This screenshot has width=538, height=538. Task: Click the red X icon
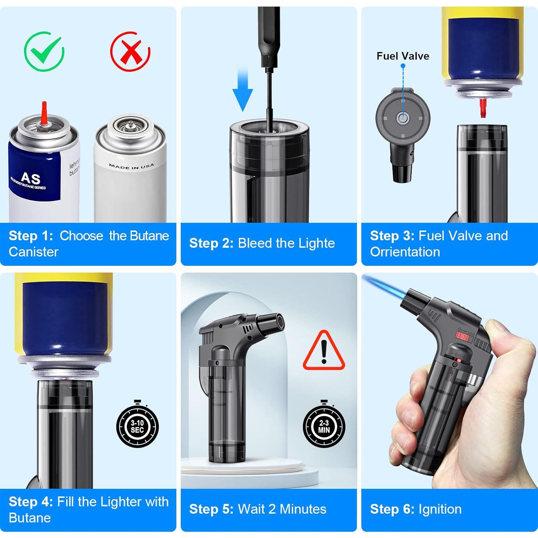click(130, 53)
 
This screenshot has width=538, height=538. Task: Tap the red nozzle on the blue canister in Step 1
click(44, 114)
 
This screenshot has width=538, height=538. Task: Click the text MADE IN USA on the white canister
click(131, 166)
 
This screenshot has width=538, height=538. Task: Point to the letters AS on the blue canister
click(30, 178)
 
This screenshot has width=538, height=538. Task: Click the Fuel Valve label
click(402, 56)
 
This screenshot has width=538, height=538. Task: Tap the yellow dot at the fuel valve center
click(403, 118)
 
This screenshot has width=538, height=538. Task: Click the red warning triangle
click(324, 351)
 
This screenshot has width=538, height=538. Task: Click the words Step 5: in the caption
click(211, 509)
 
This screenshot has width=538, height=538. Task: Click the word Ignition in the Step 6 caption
click(440, 509)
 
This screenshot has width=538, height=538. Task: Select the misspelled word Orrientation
click(405, 252)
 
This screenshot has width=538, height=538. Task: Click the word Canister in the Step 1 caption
click(33, 252)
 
